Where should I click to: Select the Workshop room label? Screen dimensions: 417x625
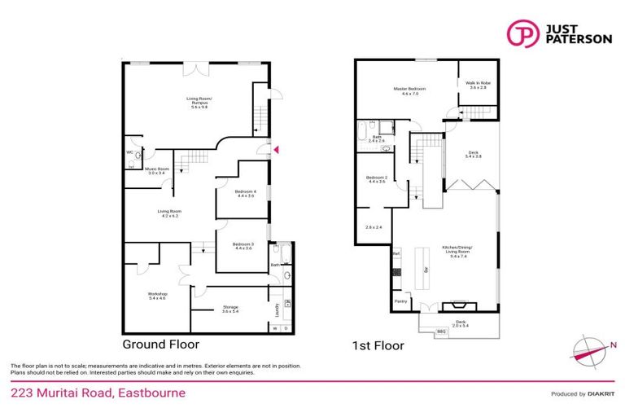(157, 296)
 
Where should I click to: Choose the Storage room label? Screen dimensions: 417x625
(231, 309)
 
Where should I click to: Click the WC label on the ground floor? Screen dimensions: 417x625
(130, 152)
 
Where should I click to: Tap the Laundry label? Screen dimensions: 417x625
(278, 309)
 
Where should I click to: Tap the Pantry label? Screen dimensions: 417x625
(401, 301)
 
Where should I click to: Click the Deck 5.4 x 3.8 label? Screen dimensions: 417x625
(473, 154)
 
